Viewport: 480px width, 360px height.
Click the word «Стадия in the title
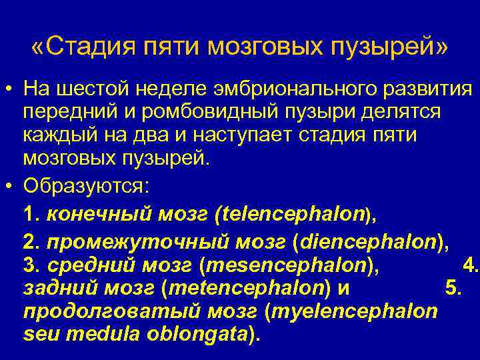(x=83, y=48)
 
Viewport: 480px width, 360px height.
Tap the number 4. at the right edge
(x=470, y=265)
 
